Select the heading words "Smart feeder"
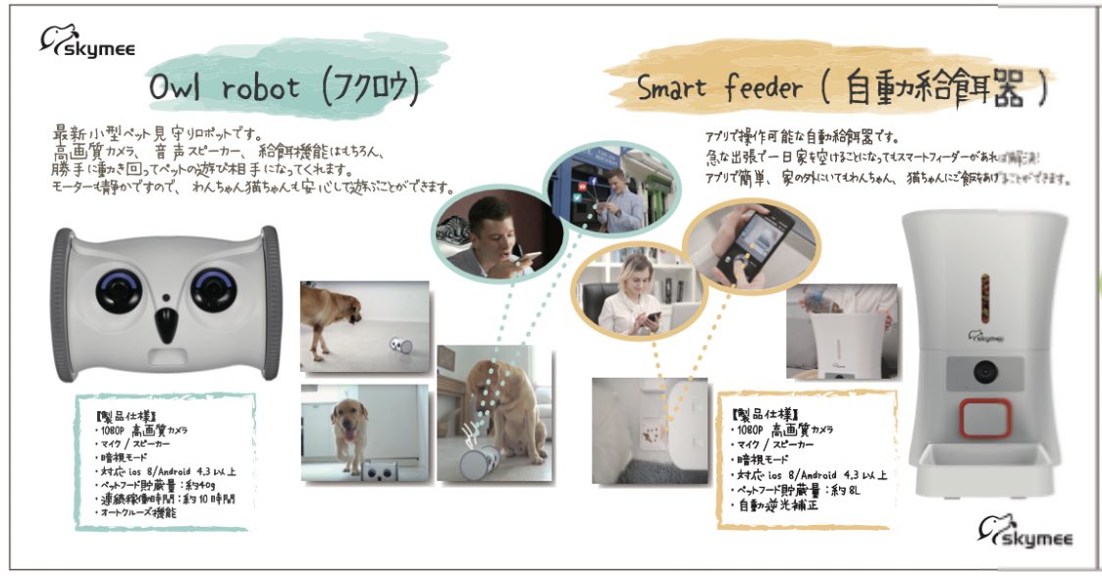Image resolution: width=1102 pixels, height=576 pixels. (713, 89)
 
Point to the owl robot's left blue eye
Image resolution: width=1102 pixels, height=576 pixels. (117, 291)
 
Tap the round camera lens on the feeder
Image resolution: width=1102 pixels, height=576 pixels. (984, 371)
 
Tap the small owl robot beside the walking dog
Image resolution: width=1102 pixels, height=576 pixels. (398, 346)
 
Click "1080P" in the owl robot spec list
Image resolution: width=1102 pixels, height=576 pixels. (114, 430)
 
